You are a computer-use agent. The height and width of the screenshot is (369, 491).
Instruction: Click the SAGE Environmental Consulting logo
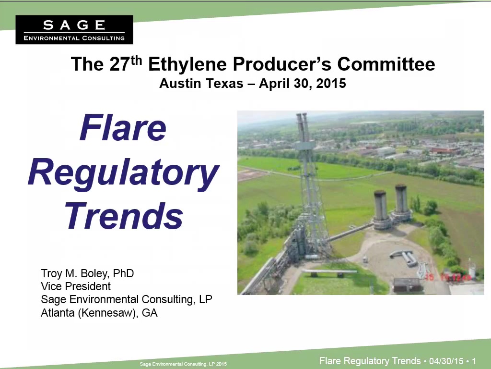pyautogui.click(x=74, y=29)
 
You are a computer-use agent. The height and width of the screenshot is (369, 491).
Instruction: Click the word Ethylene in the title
pyautogui.click(x=187, y=64)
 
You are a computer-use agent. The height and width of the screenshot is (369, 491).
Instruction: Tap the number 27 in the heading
pyautogui.click(x=119, y=64)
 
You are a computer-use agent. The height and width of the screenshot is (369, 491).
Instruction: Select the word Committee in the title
pyautogui.click(x=386, y=64)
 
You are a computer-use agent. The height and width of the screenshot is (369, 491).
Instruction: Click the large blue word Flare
pyautogui.click(x=123, y=128)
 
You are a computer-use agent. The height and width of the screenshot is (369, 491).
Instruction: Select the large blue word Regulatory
pyautogui.click(x=124, y=173)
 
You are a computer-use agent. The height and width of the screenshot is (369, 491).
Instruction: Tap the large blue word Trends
pyautogui.click(x=124, y=216)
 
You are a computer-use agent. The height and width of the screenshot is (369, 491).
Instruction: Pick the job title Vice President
pyautogui.click(x=76, y=286)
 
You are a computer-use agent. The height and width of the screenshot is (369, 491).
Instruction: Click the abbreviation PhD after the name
pyautogui.click(x=123, y=273)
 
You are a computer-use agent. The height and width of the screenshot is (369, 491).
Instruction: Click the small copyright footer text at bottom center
pyautogui.click(x=183, y=364)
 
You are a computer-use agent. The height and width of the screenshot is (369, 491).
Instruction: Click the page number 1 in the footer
pyautogui.click(x=474, y=361)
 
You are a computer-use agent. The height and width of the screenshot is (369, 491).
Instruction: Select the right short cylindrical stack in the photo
pyautogui.click(x=401, y=202)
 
